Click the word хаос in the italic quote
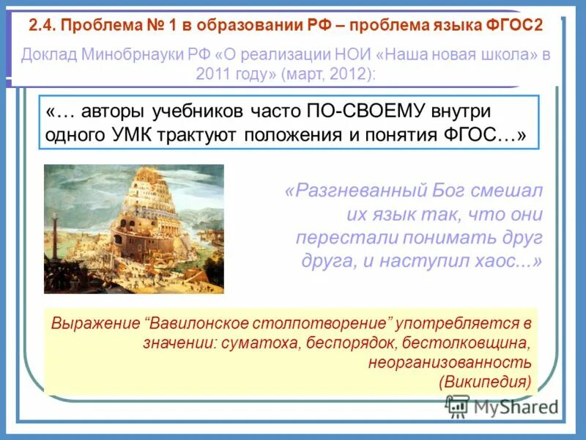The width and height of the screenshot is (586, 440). (503, 262)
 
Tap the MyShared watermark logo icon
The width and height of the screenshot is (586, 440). (458, 406)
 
